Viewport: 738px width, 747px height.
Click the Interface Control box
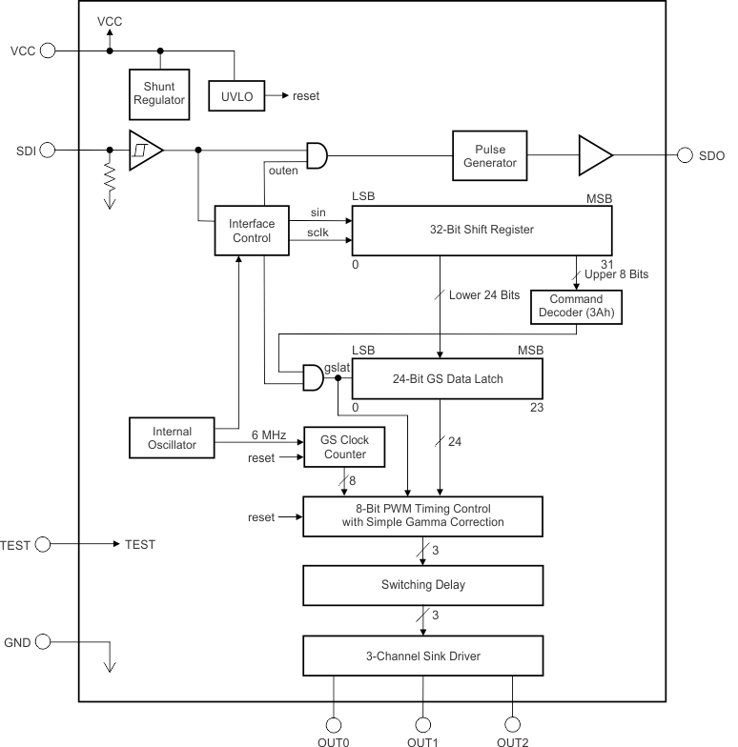click(252, 231)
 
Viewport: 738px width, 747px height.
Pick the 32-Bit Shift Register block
click(482, 230)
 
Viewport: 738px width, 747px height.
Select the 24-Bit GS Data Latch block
click(447, 378)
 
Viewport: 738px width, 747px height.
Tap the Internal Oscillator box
click(172, 435)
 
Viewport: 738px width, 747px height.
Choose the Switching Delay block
click(423, 585)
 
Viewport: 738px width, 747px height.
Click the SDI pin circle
click(47, 150)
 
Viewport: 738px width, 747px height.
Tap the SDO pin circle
click(685, 155)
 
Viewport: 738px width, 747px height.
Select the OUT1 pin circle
click(422, 723)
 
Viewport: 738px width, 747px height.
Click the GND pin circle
click(43, 642)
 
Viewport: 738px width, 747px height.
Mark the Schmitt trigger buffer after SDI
click(145, 150)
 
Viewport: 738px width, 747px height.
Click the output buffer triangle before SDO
click(593, 155)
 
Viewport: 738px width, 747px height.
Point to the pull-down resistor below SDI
click(110, 178)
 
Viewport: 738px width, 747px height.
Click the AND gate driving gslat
click(311, 378)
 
